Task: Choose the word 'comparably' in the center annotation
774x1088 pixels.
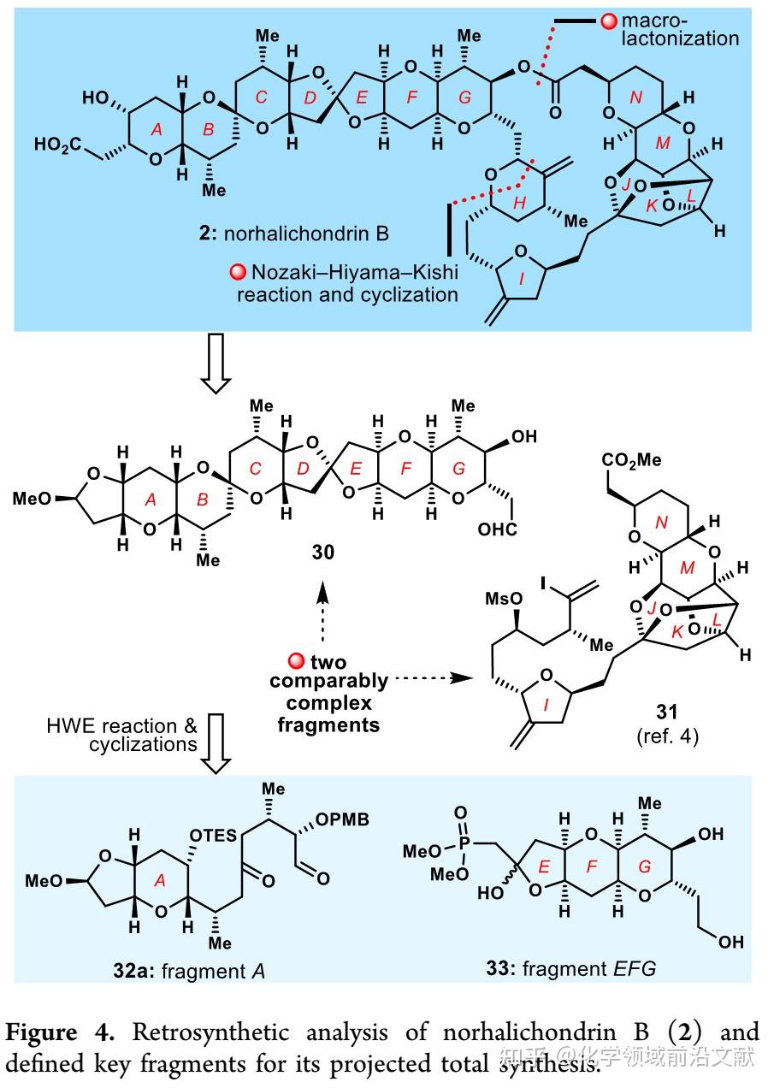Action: (329, 682)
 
